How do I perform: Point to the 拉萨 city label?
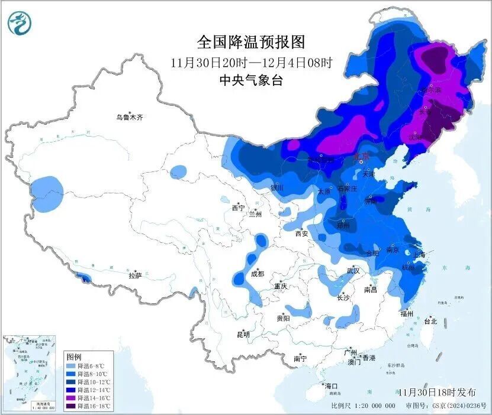(x=135, y=275)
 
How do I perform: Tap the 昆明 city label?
(x=243, y=335)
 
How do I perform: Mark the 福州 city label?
(x=406, y=314)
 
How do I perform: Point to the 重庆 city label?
(x=280, y=286)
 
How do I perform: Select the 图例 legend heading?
(x=74, y=357)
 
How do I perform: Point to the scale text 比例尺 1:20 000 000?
(x=364, y=406)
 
